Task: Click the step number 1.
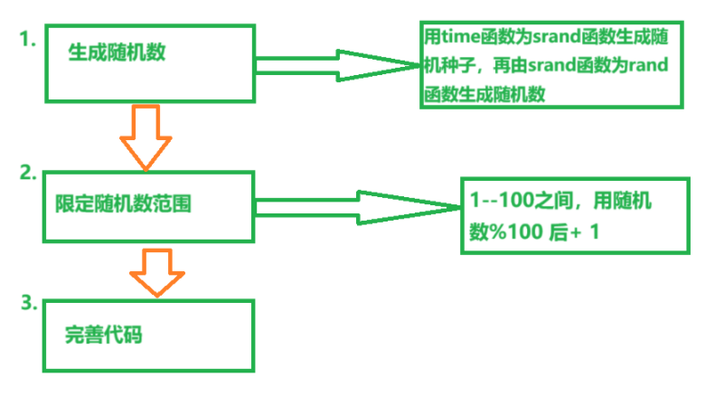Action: click(x=30, y=39)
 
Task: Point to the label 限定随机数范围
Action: click(x=118, y=204)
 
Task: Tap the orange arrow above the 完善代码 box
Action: click(x=157, y=271)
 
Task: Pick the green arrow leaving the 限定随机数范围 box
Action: click(x=362, y=206)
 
